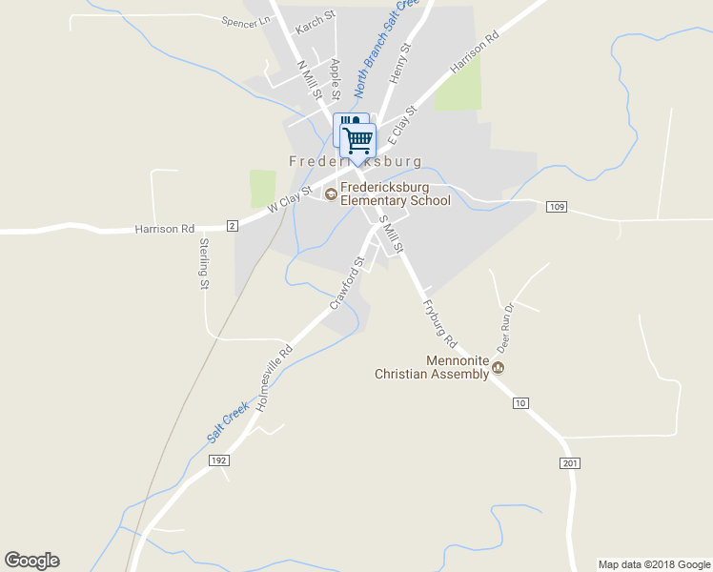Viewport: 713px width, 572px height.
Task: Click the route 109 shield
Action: click(558, 207)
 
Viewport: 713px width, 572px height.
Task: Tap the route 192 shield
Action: click(219, 460)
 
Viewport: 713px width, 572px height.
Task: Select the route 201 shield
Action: click(570, 462)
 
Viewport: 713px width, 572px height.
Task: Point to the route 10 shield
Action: click(520, 404)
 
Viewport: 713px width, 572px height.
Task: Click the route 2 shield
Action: click(232, 225)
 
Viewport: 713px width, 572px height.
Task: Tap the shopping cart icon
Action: click(358, 140)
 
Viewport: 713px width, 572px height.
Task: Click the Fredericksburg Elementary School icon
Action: click(331, 194)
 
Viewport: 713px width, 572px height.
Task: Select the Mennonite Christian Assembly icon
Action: click(498, 368)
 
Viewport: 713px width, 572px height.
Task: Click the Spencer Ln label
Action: click(246, 21)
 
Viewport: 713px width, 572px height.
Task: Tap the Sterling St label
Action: click(204, 262)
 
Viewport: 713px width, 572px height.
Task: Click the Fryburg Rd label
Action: click(439, 324)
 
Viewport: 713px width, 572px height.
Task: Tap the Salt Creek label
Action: click(228, 422)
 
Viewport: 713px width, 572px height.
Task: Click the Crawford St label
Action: click(348, 282)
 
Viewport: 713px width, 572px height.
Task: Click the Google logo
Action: click(31, 561)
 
